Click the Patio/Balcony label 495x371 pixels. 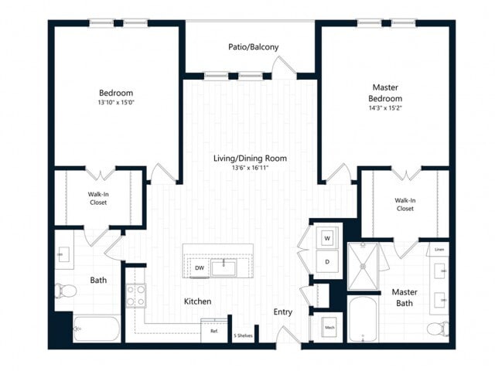(253, 47)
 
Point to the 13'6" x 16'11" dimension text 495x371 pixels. (250, 168)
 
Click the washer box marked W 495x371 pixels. (327, 237)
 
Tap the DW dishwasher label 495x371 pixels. (199, 268)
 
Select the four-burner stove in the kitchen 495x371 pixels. (136, 295)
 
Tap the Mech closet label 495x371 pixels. (329, 328)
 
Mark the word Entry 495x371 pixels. (282, 312)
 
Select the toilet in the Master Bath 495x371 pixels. (437, 328)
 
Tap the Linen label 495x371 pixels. (439, 249)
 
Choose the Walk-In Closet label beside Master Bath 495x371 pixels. (405, 204)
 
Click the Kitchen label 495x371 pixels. (197, 301)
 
